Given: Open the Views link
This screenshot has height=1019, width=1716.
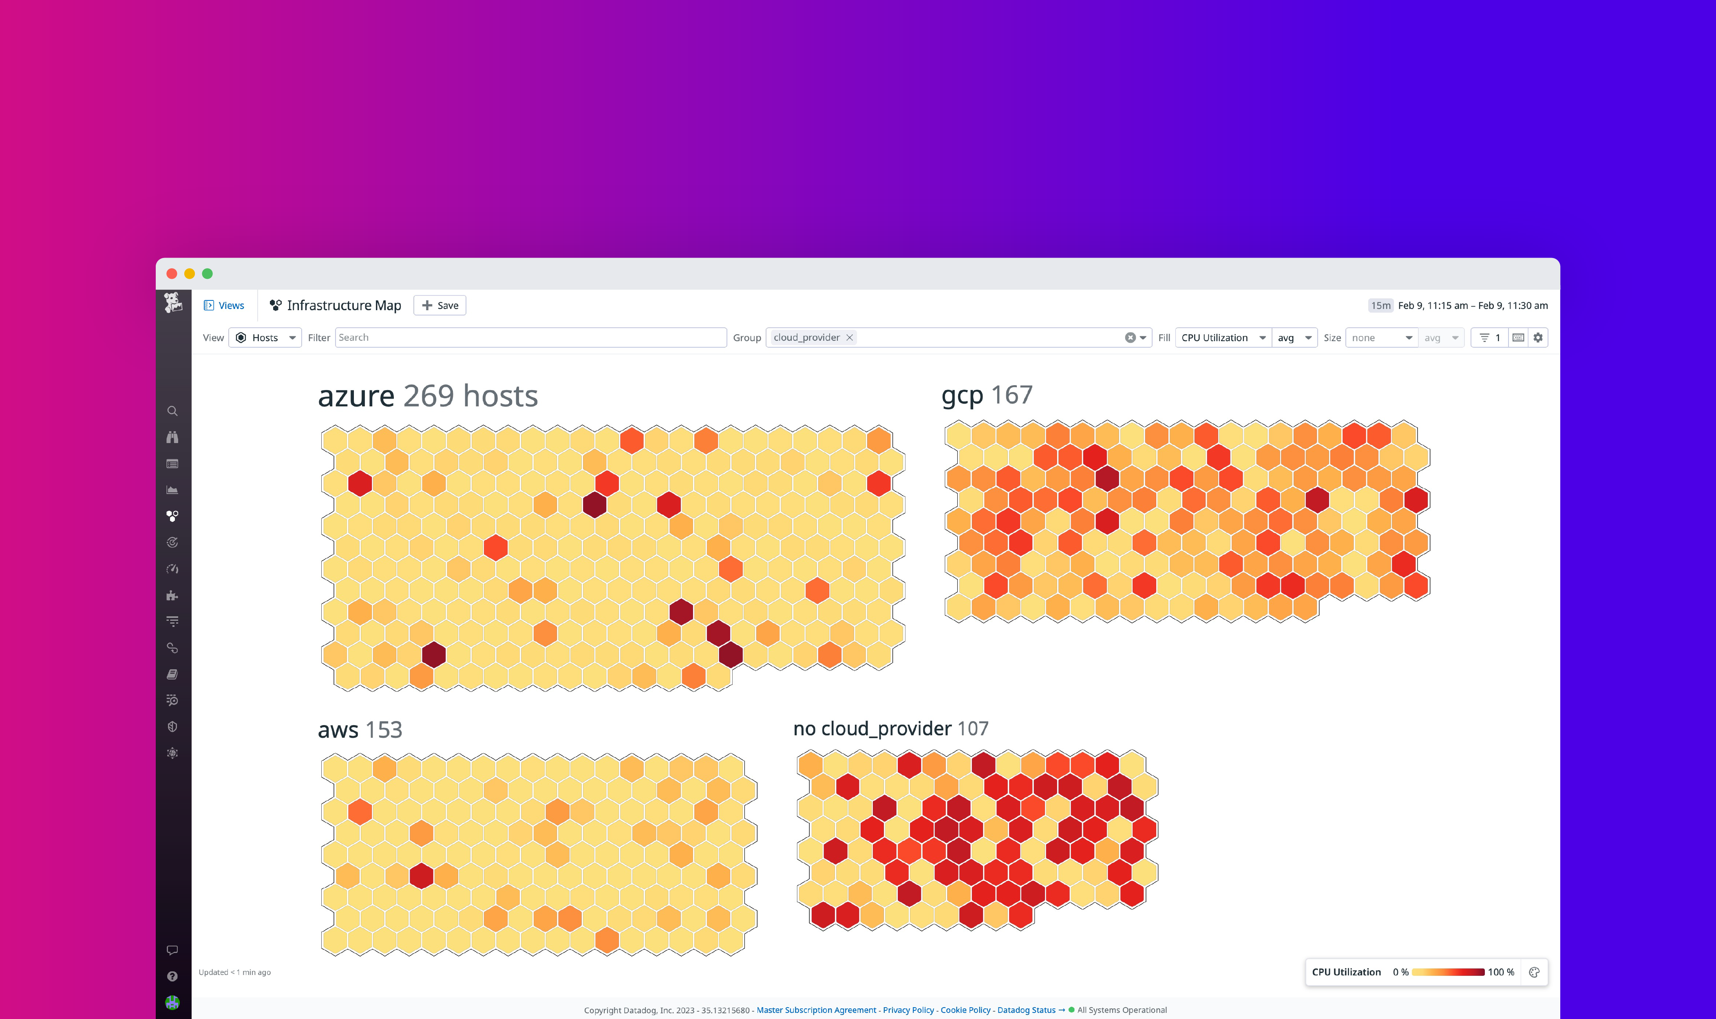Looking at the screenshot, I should (x=225, y=306).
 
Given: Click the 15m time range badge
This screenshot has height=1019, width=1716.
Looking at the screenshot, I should (x=1380, y=306).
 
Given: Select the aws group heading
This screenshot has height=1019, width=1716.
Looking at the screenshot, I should (x=338, y=729).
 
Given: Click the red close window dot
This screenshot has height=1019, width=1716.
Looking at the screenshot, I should (x=172, y=274).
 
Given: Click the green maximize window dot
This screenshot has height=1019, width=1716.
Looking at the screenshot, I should (x=208, y=274).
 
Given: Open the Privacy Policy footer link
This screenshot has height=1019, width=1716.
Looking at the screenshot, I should (x=908, y=1010).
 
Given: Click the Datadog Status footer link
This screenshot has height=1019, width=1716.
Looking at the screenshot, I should (x=1026, y=1010).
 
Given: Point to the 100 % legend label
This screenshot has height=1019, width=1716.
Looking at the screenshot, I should (x=1500, y=972).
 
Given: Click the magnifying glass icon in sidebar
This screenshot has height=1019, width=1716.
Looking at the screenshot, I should (x=172, y=411).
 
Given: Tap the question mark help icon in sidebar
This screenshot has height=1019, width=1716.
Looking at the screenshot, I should (x=172, y=977).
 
